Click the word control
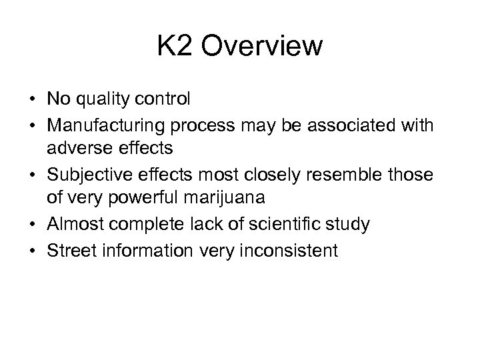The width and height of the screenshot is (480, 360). [164, 99]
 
